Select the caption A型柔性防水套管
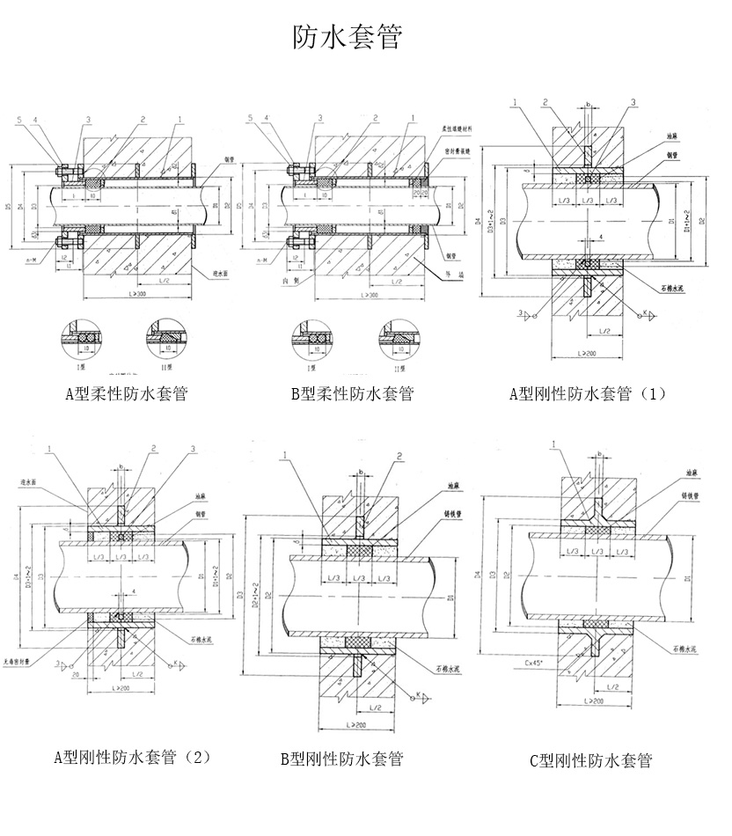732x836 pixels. [x=131, y=393]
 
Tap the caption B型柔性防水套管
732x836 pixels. [x=353, y=393]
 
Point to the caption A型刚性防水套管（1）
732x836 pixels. [x=588, y=393]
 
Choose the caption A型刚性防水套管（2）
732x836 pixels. [x=133, y=756]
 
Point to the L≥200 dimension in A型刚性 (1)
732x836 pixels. [x=588, y=352]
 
